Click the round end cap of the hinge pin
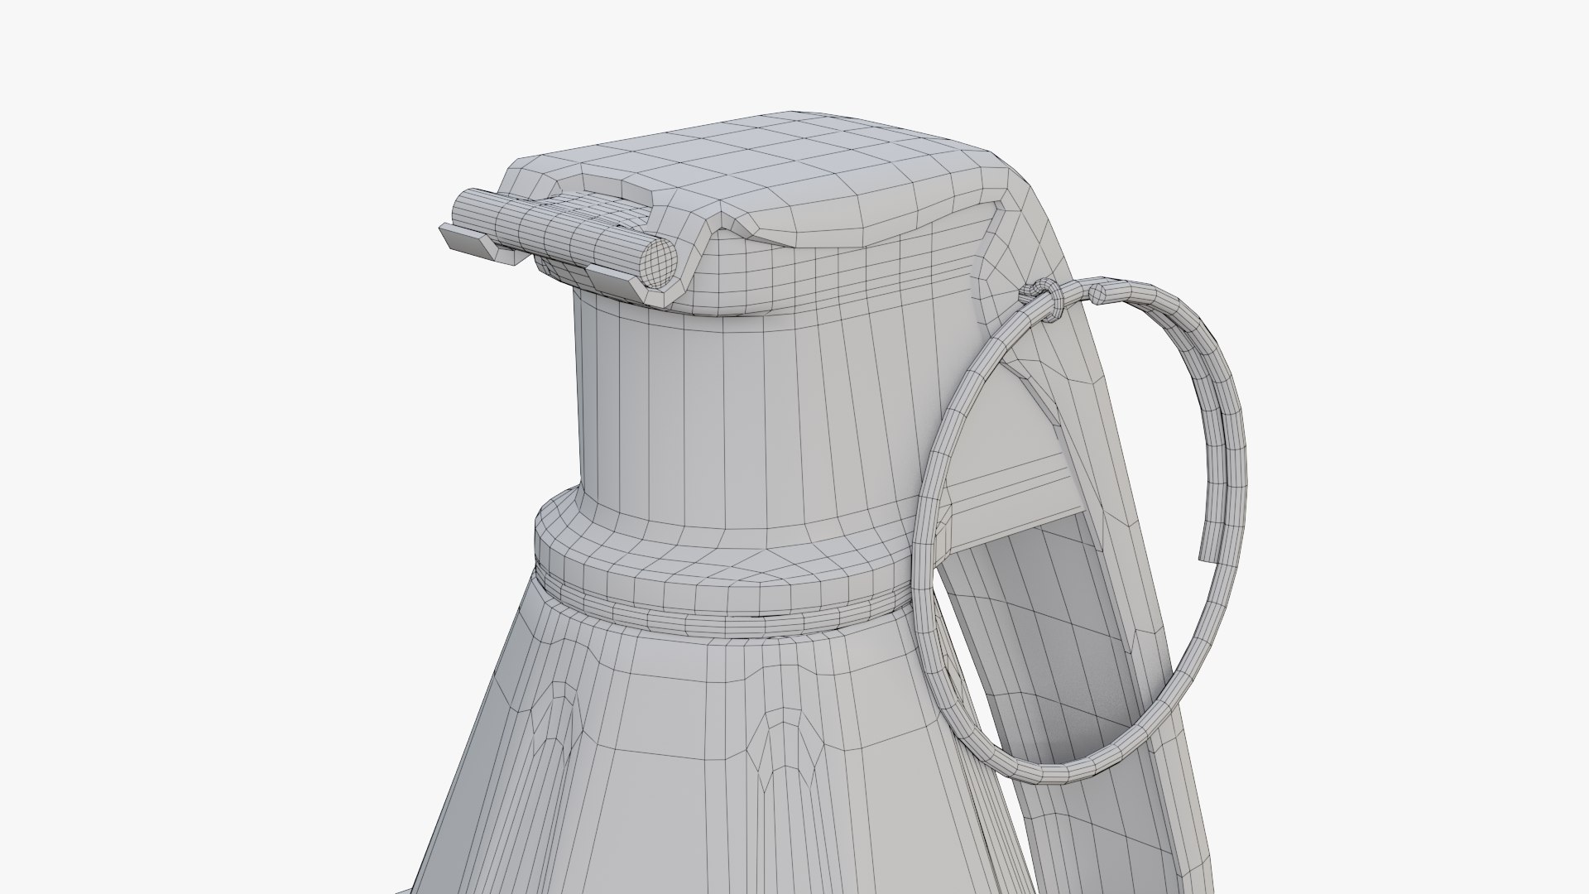click(660, 262)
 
